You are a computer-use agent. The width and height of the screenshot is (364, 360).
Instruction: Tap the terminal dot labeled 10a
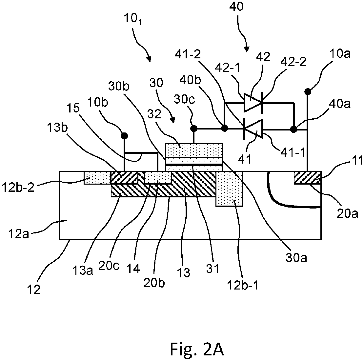pyautogui.click(x=308, y=92)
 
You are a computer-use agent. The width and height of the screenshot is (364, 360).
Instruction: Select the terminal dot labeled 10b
pyautogui.click(x=125, y=135)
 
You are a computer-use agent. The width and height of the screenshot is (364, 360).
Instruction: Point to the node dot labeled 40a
pyautogui.click(x=294, y=129)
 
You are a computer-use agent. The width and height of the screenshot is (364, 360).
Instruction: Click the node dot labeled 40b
pyautogui.click(x=225, y=128)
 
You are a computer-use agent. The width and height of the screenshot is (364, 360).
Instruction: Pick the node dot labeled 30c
pyautogui.click(x=194, y=128)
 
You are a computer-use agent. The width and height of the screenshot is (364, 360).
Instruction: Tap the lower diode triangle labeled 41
pyautogui.click(x=253, y=129)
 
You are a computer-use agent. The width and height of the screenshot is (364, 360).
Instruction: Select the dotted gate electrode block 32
pyautogui.click(x=194, y=150)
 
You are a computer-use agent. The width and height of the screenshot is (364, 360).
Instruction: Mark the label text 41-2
pyautogui.click(x=188, y=54)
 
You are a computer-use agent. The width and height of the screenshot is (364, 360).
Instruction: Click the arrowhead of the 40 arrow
pyautogui.click(x=247, y=49)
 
